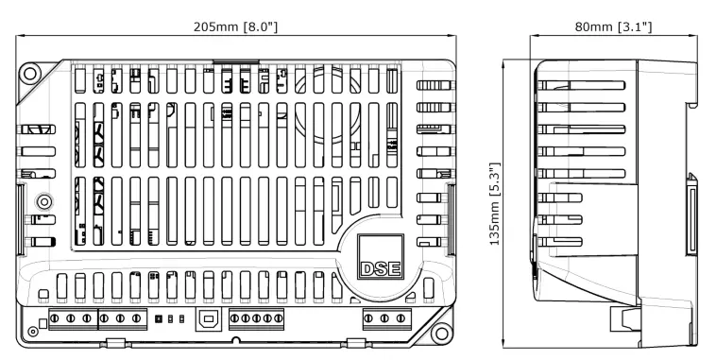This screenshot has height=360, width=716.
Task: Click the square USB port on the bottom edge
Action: click(x=208, y=318)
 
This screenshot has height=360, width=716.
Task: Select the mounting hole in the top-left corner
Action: click(x=30, y=72)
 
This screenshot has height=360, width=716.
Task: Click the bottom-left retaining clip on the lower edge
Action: click(x=113, y=342)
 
